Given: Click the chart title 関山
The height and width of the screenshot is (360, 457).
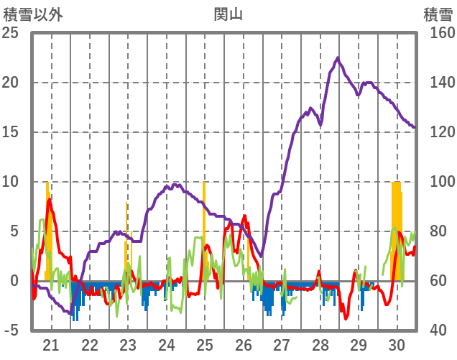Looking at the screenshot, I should (x=228, y=14).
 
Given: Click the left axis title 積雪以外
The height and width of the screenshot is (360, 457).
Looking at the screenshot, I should (x=33, y=14).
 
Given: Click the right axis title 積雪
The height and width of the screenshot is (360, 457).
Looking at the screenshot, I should (x=437, y=14).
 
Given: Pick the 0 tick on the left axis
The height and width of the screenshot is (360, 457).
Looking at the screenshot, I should (x=14, y=281).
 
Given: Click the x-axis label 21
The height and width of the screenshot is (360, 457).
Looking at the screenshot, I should (x=51, y=344).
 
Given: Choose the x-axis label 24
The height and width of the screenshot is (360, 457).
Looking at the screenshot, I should (x=166, y=344).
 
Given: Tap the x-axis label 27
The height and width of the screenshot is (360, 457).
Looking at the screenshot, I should (x=282, y=344).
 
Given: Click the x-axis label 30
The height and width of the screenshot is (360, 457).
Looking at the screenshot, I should (x=397, y=344).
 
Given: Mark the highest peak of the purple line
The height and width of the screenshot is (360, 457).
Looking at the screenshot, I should (x=338, y=57).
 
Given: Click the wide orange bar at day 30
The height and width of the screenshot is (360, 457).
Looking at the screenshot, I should (x=397, y=230).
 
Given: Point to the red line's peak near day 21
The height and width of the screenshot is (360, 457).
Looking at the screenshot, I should (x=49, y=199).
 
